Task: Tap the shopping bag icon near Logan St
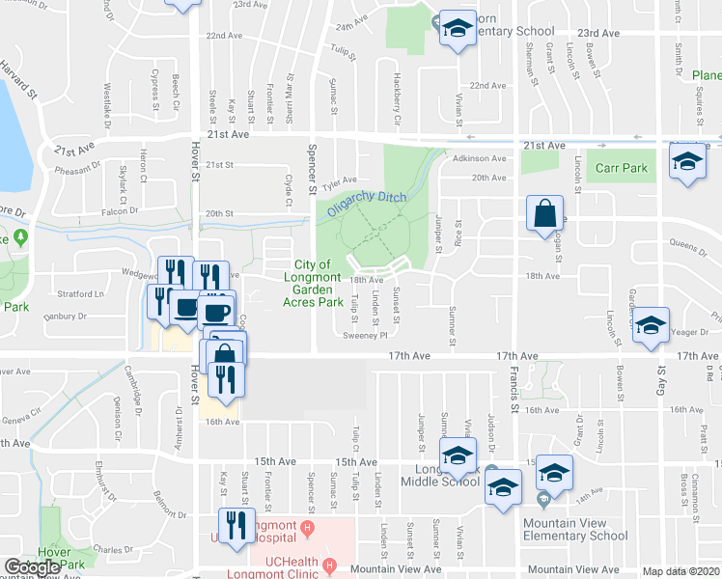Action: (x=544, y=213)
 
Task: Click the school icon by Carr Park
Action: (x=686, y=163)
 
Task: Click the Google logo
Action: (x=33, y=567)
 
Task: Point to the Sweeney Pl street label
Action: (x=365, y=336)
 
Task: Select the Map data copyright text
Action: (x=681, y=571)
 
